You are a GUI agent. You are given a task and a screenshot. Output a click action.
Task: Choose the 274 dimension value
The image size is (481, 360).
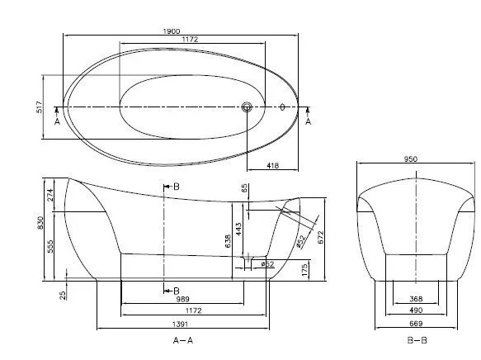point(51,195)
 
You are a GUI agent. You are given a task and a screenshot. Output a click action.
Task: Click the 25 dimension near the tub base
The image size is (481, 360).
point(64,293)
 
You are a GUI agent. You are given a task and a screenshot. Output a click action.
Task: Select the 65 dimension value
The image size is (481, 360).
point(245,188)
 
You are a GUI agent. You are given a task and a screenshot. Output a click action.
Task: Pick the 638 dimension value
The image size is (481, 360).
point(228,240)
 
